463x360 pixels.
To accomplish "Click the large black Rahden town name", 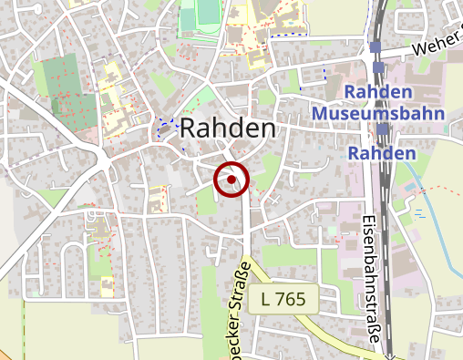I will (x=228, y=129).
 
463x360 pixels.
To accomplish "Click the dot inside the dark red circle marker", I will (x=231, y=180).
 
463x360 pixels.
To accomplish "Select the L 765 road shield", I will (x=283, y=298).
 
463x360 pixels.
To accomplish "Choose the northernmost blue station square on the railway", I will (x=375, y=46).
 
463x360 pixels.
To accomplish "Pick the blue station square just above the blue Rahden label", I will (x=383, y=130).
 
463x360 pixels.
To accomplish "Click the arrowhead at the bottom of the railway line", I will (x=390, y=355).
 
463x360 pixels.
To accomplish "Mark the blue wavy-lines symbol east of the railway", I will (x=420, y=213).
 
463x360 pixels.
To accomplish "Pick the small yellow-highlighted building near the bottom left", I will (x=108, y=286).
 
